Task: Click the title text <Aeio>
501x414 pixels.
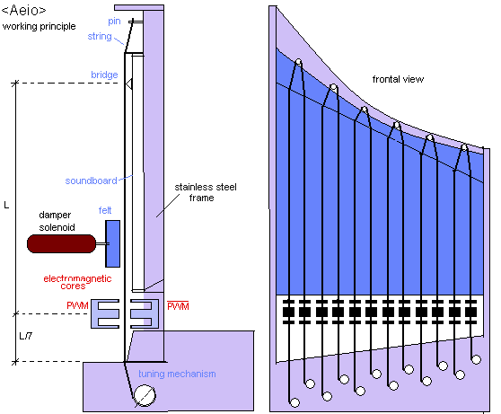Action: pos(24,10)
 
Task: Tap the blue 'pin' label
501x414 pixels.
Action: pos(114,22)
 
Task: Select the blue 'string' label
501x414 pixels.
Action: pos(100,37)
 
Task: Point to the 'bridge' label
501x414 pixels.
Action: pos(104,75)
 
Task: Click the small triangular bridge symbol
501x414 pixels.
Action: pos(129,84)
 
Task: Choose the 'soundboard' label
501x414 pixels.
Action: pos(91,181)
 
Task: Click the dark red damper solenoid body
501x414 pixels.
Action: pos(61,243)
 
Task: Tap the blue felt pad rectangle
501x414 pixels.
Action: pos(113,243)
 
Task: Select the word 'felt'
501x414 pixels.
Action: pos(105,210)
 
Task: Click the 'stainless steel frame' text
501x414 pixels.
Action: pos(205,192)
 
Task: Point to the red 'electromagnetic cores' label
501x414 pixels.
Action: pos(77,282)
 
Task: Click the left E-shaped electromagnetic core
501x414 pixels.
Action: pos(105,314)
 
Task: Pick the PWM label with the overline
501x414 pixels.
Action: pos(178,306)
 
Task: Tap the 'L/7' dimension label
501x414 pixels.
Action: pos(25,336)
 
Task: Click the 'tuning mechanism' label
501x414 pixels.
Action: pos(177,374)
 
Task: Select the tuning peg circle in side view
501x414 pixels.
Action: pos(145,395)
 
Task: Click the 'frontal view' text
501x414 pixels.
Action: pos(398,79)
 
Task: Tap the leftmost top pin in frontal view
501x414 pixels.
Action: pos(298,62)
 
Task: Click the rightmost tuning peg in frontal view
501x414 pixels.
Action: pos(476,359)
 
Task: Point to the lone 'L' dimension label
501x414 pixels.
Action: pos(6,205)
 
